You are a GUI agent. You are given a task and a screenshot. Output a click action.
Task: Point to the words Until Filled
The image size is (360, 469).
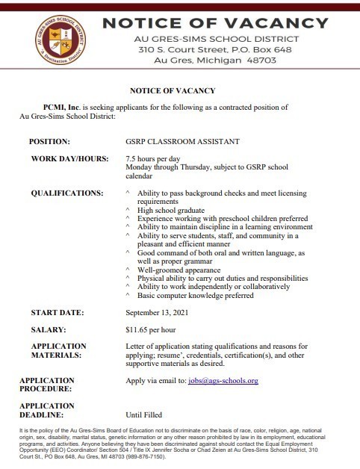tap(145, 414)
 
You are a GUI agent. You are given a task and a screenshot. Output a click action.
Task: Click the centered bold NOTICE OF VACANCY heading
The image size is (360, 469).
tap(172, 90)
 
